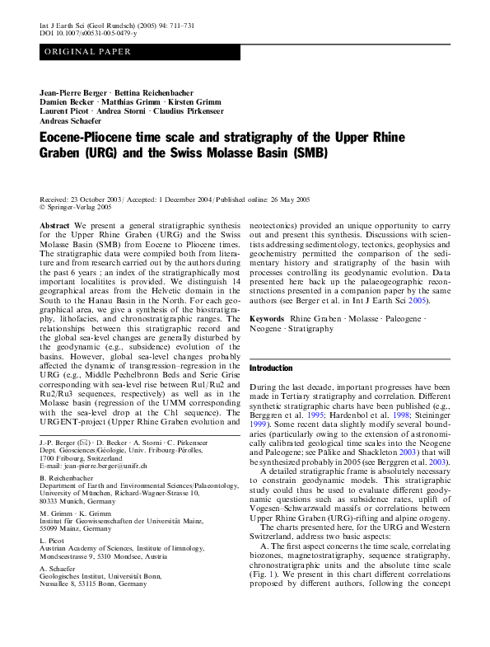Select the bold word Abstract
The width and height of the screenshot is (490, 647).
tap(54, 224)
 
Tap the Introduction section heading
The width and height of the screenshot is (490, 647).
tap(272, 367)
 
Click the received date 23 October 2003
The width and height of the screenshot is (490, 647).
tap(96, 200)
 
